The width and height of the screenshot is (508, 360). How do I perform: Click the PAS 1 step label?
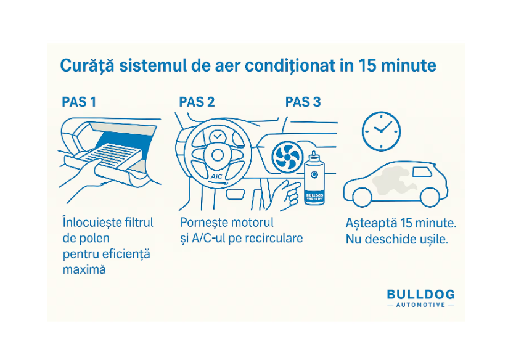point(79,102)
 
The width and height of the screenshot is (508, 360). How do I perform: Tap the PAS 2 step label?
point(197,102)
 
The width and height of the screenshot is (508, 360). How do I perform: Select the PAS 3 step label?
point(303,102)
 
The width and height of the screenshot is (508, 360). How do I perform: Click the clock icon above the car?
point(380,131)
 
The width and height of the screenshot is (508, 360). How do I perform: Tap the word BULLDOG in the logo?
point(421,294)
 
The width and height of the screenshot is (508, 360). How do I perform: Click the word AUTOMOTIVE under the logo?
point(421,305)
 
